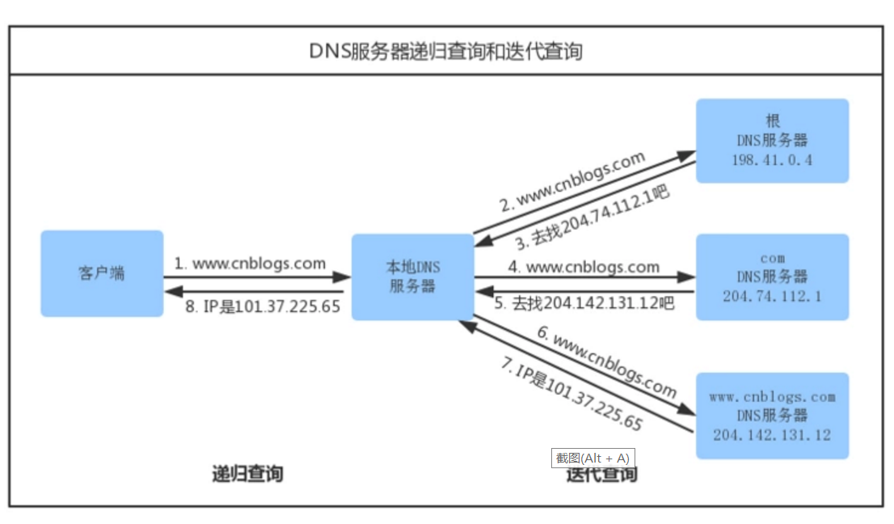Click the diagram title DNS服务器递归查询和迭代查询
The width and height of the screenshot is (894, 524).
446,52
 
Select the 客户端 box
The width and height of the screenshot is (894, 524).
102,273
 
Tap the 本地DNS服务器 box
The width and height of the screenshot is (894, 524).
412,277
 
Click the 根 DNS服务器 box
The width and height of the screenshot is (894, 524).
772,141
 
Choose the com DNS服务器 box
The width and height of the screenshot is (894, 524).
772,277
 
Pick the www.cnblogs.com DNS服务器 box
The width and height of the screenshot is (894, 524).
772,416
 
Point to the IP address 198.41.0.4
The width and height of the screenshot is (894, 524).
772,159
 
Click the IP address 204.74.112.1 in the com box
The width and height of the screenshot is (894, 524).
772,296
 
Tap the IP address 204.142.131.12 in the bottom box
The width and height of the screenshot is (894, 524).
772,435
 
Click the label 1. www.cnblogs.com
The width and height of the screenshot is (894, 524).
251,264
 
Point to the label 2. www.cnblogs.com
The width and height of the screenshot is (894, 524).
572,181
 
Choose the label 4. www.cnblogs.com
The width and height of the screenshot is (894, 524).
584,266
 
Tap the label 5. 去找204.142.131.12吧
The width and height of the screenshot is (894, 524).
584,304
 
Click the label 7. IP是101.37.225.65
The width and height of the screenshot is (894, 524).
571,395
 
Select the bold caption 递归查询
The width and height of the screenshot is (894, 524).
247,474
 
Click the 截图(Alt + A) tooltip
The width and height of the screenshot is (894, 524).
592,458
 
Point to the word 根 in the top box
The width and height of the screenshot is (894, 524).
772,121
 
